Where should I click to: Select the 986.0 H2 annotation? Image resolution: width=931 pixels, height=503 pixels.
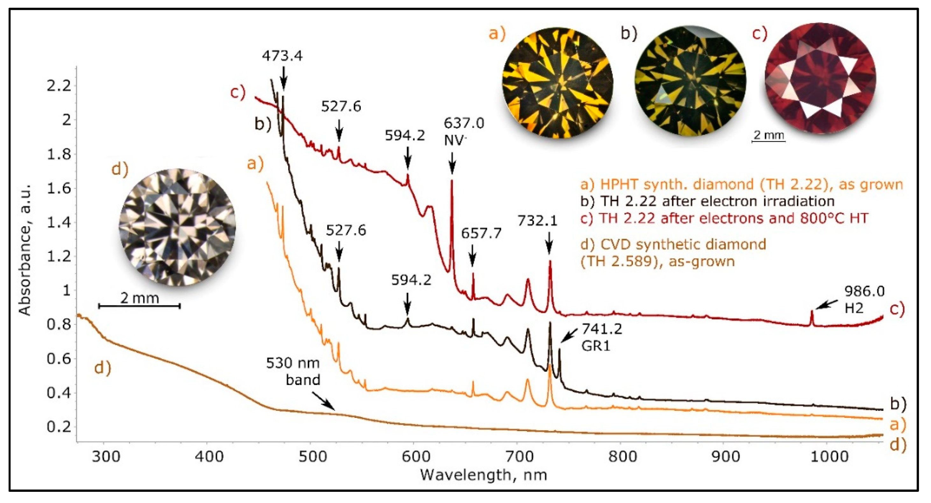864,299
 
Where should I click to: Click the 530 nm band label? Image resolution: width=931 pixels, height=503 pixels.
293,371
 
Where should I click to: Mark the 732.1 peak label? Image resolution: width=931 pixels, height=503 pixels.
537,220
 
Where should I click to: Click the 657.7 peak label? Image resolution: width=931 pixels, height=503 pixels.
481,234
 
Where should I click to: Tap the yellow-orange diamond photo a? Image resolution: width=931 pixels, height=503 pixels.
557,83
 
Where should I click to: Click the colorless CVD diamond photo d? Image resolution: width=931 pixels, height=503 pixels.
177,227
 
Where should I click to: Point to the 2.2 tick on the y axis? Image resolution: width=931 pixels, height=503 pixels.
59,86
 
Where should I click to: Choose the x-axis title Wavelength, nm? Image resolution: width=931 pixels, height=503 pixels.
483,475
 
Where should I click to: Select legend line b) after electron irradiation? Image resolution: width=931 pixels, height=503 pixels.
707,201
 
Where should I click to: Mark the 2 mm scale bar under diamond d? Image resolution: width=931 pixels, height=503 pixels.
139,306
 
